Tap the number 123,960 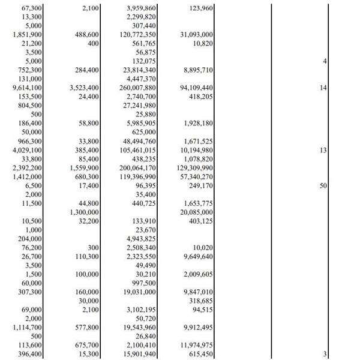[x=197, y=8]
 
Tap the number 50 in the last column [x=323, y=186]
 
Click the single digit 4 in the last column [x=325, y=62]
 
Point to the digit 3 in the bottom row [x=325, y=355]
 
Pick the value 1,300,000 [x=85, y=212]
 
